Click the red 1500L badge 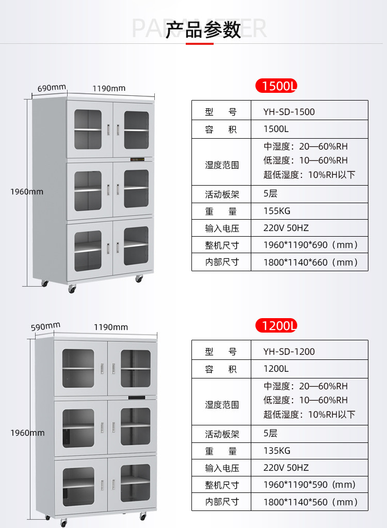[276, 86]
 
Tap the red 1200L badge [276, 326]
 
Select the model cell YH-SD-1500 [289, 112]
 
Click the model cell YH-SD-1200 [289, 352]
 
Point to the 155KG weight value [277, 211]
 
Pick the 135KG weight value [277, 451]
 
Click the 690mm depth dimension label [52, 88]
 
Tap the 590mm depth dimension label [45, 326]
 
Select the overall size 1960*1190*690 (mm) [311, 245]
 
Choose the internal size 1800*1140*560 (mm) [311, 502]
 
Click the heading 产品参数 [203, 29]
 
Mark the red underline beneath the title [200, 43]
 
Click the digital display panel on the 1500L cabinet [137, 159]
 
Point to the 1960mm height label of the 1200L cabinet [27, 433]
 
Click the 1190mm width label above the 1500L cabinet [109, 89]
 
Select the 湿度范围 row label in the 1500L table [222, 165]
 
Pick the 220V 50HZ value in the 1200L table [286, 468]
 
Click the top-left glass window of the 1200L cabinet [78, 368]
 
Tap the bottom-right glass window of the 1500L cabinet [136, 246]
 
